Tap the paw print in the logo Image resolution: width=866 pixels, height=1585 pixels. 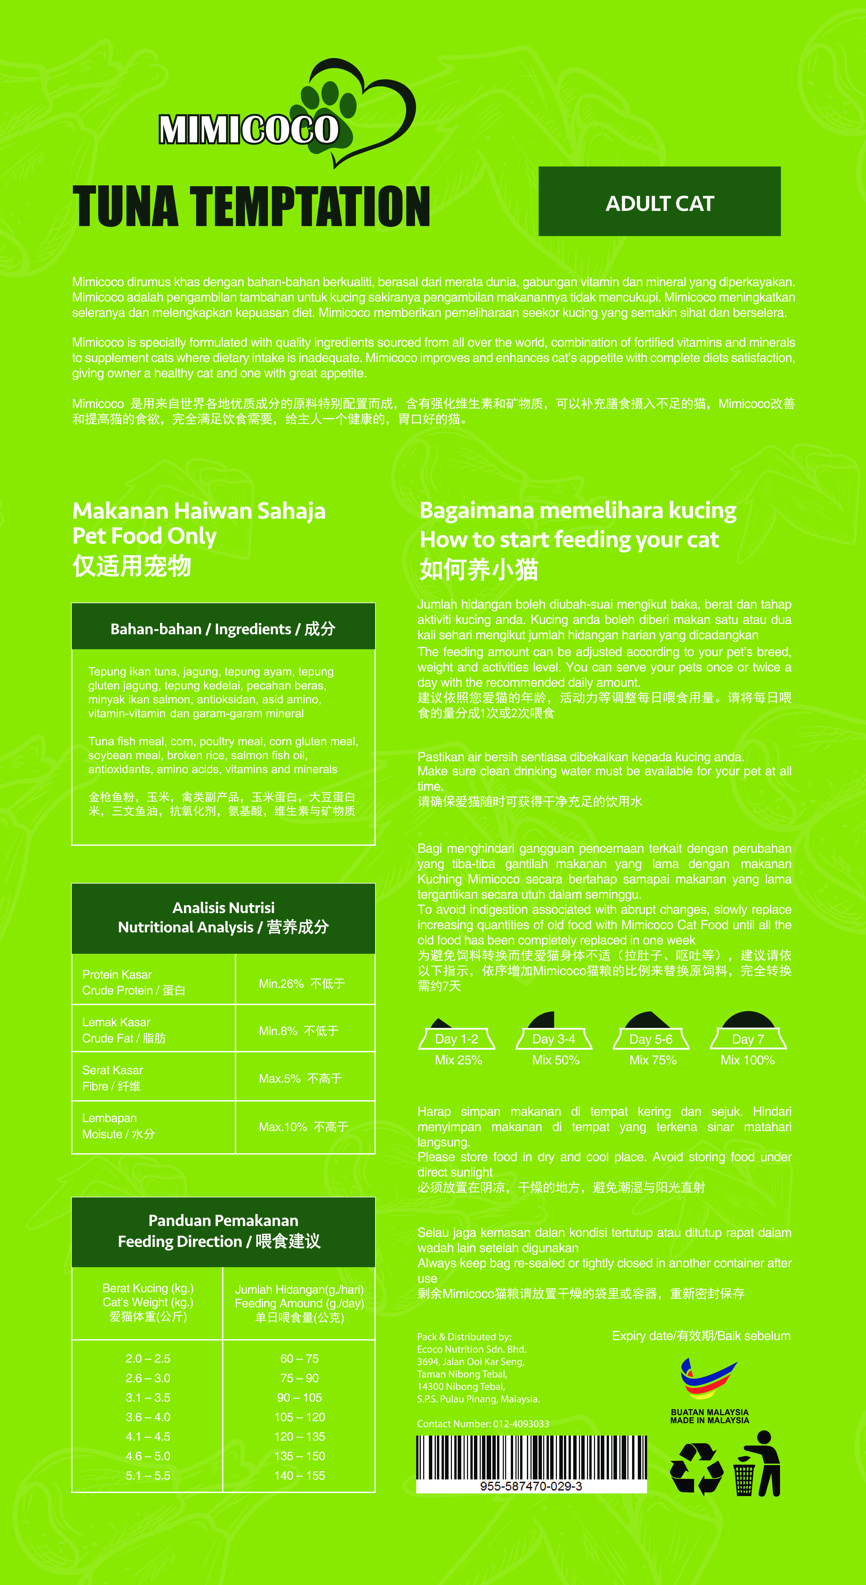329,100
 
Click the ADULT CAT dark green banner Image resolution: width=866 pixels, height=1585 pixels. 659,202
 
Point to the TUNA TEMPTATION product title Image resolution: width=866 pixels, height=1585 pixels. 251,207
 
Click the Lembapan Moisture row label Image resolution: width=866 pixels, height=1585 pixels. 119,1126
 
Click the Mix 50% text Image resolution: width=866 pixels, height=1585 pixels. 555,1060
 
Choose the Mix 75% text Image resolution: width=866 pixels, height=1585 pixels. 653,1060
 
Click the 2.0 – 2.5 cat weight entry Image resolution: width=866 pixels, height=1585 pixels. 148,1359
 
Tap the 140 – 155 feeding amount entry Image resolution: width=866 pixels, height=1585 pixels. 300,1475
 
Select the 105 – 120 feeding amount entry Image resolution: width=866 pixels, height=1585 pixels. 300,1417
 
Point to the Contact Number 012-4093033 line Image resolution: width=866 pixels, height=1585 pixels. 483,1424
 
